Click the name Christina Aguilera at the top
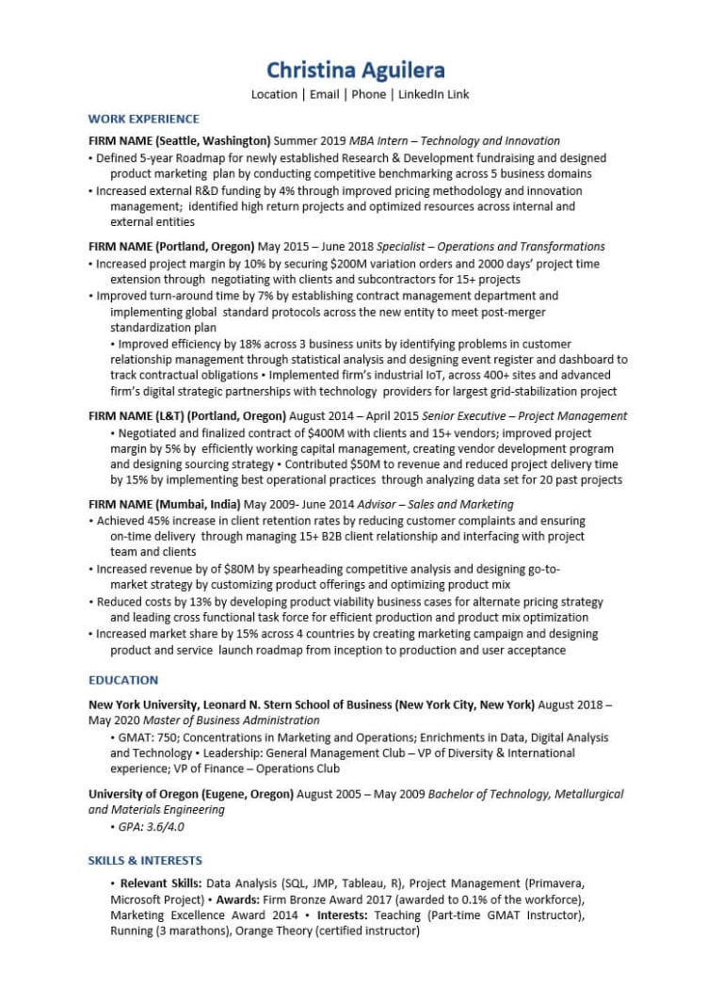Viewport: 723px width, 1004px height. (355, 70)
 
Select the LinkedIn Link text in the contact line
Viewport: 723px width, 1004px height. (433, 94)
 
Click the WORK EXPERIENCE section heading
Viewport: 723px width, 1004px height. (143, 119)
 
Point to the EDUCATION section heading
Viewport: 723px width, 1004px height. (123, 680)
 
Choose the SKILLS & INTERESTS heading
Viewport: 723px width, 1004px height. (145, 860)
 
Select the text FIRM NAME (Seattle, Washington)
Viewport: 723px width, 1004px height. (180, 141)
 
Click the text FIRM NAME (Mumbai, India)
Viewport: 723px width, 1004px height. (165, 504)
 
